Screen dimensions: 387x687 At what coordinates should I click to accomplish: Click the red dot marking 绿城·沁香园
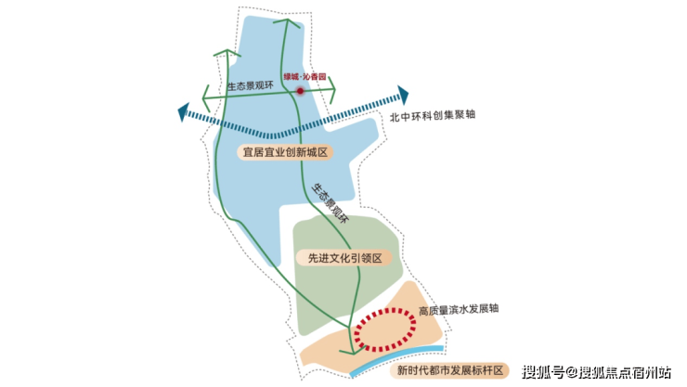(x=301, y=91)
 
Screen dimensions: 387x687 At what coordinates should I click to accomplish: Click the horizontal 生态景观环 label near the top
(x=252, y=86)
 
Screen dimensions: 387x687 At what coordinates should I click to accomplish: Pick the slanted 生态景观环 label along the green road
(x=330, y=205)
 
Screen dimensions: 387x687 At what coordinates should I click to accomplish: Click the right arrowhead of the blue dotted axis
(x=404, y=95)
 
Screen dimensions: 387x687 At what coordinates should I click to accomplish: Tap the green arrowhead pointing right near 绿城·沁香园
(x=334, y=90)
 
